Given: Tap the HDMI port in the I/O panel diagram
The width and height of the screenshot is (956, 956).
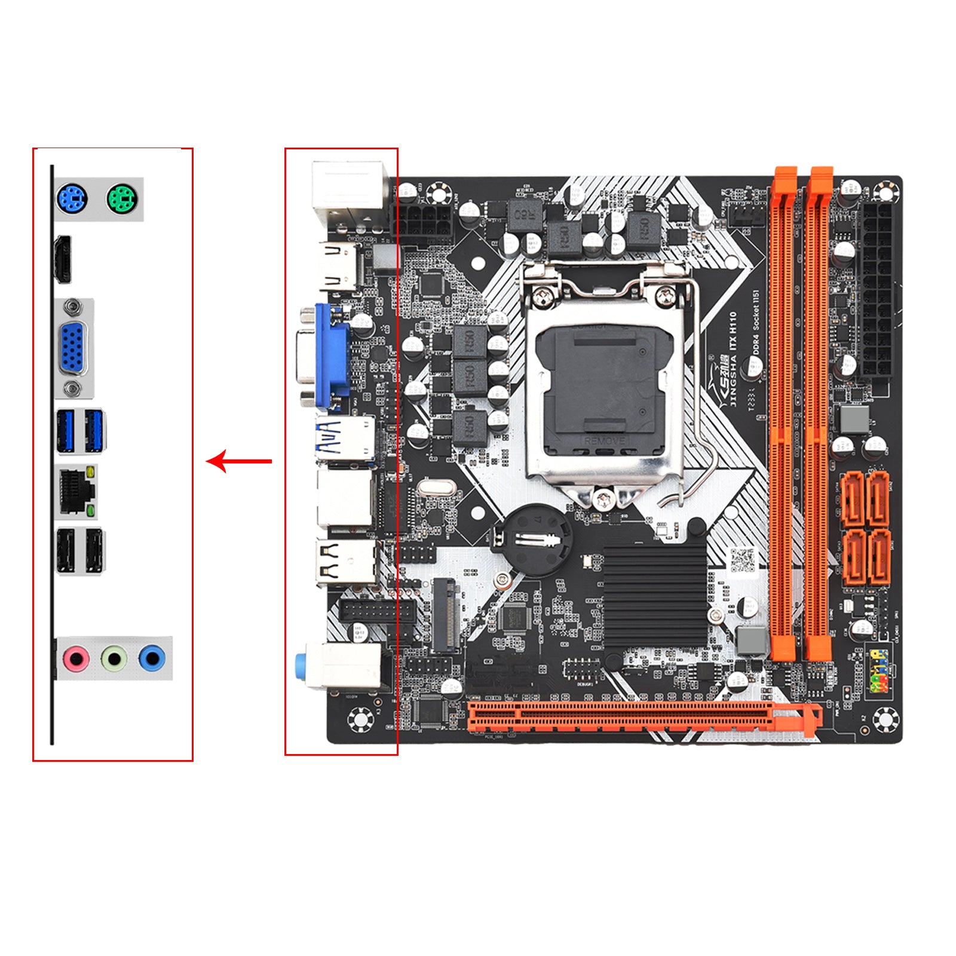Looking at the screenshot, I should pos(63,259).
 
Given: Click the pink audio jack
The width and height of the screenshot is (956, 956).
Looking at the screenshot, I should pos(76,659).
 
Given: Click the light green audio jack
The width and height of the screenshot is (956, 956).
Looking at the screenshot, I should pos(114,659).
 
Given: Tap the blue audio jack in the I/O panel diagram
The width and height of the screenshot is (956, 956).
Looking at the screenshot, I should pos(152,659).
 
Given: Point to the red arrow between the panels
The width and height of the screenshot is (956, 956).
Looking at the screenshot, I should pos(238,461).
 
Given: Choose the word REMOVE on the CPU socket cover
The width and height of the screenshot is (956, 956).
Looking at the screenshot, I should pos(605,440).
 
